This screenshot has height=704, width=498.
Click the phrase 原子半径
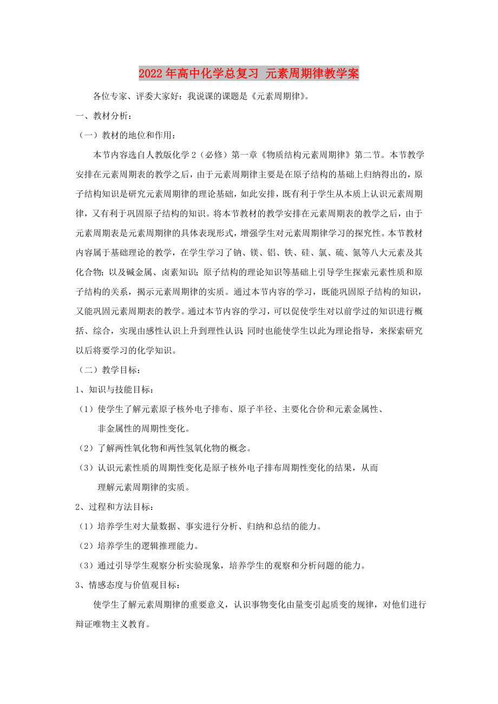pos(263,409)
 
